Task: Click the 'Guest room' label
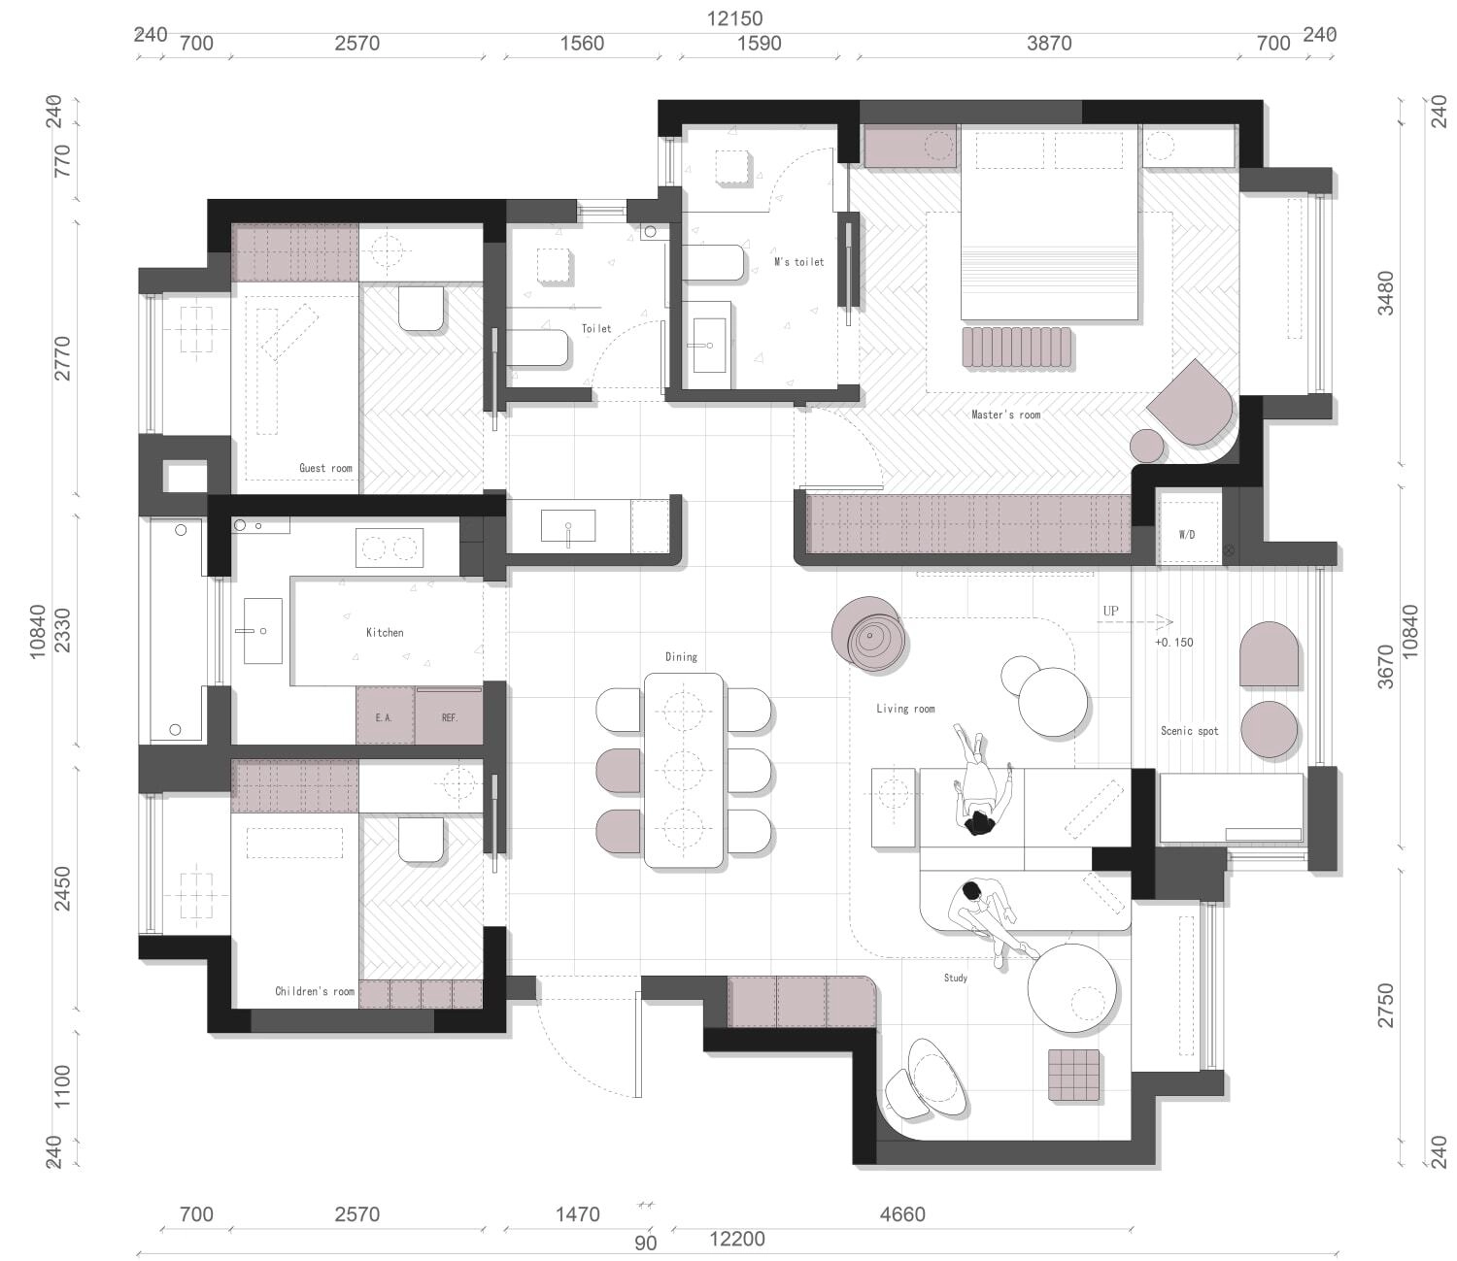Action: [325, 468]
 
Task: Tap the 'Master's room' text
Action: [1005, 415]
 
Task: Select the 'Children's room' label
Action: [315, 991]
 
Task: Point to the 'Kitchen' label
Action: [385, 633]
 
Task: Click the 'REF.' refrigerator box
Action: [449, 715]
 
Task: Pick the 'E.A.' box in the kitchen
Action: [385, 715]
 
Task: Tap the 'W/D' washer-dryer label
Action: [1187, 535]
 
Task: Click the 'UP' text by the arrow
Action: [1110, 611]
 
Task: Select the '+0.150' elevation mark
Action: [1173, 643]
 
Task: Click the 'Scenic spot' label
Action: [1190, 731]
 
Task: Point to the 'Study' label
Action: [955, 978]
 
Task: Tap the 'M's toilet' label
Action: [798, 262]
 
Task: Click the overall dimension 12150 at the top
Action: [734, 18]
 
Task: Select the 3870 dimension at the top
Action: [1049, 44]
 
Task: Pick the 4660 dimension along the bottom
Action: [902, 1214]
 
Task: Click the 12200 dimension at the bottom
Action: [736, 1239]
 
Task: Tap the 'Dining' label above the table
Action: [681, 656]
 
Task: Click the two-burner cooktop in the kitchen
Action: [390, 548]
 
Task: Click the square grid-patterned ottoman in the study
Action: [1074, 1075]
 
